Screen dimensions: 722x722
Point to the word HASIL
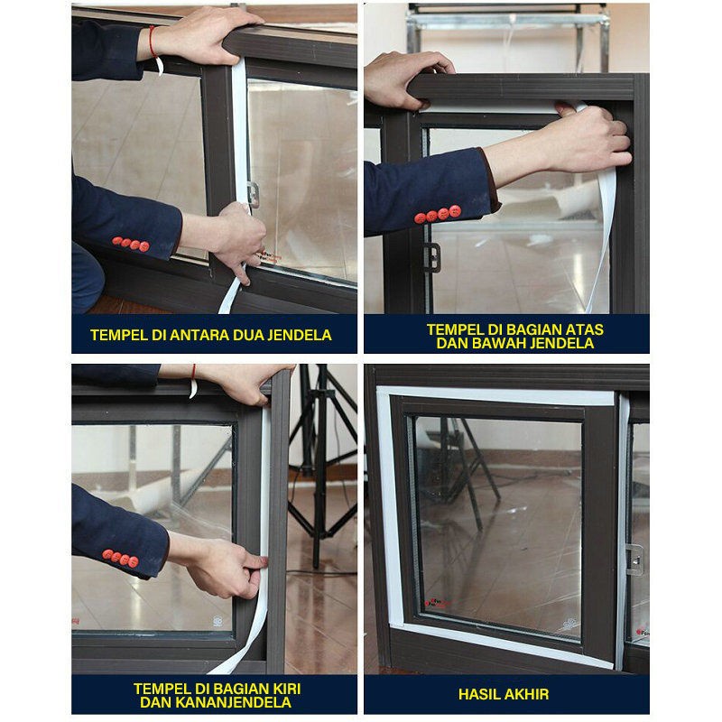tap(479, 694)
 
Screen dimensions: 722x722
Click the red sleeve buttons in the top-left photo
tap(131, 244)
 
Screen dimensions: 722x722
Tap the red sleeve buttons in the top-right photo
tap(438, 214)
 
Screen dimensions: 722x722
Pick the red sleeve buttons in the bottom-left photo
tap(120, 558)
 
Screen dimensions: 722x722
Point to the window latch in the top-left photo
tap(253, 195)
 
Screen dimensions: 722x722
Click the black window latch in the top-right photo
tap(432, 257)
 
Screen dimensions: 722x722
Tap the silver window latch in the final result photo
tap(634, 560)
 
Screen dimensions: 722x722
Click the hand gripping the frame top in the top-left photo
tap(208, 37)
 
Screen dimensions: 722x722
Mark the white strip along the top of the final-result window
tap(495, 396)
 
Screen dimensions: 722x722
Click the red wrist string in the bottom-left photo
tap(193, 381)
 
